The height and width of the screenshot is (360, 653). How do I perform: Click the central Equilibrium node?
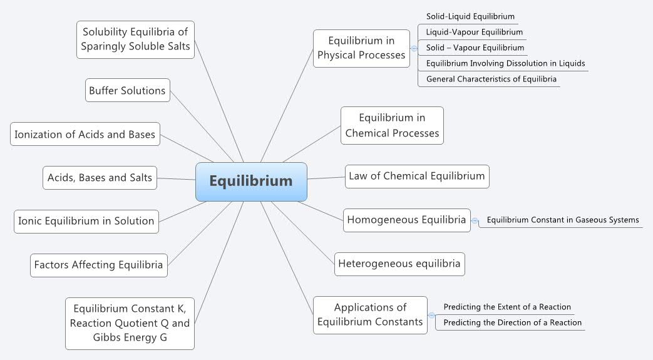(251, 182)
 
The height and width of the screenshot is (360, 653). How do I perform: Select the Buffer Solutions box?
(127, 90)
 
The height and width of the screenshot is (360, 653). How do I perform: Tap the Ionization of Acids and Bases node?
(85, 135)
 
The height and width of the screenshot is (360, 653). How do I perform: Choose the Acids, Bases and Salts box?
(100, 178)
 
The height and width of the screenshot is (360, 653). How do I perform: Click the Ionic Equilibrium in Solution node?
(86, 221)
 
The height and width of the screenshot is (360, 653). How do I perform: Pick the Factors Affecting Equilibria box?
(98, 265)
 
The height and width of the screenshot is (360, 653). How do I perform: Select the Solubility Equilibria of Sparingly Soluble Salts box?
(135, 39)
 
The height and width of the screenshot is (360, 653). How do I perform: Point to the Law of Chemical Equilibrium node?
(416, 176)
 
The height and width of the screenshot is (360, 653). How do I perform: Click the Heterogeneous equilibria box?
(399, 264)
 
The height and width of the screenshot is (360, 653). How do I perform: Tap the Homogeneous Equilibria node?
(406, 220)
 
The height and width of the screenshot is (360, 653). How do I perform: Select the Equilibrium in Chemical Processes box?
(392, 125)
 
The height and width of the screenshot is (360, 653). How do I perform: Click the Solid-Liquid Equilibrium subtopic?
(470, 16)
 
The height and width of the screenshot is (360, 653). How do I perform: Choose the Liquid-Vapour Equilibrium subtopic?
(474, 32)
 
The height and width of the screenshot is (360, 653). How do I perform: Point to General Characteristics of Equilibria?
(491, 79)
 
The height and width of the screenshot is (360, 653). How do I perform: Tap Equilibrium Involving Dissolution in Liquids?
(505, 63)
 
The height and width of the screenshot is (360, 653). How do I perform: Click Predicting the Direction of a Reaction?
(512, 322)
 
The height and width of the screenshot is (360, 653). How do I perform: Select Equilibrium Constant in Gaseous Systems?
(562, 220)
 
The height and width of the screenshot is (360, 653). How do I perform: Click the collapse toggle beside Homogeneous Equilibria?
(475, 220)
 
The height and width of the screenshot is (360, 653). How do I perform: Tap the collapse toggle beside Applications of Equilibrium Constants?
(431, 315)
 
